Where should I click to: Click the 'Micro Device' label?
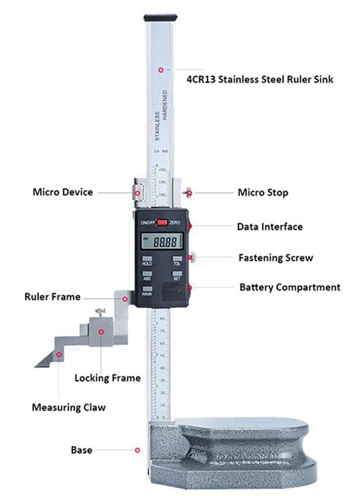click(x=62, y=192)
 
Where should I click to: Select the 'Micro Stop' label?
click(x=263, y=193)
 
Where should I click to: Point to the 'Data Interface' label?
click(x=270, y=227)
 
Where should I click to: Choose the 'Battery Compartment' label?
click(x=289, y=287)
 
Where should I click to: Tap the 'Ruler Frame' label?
click(x=52, y=297)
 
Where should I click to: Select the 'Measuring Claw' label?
click(x=68, y=407)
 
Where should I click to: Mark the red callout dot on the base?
click(x=137, y=450)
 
